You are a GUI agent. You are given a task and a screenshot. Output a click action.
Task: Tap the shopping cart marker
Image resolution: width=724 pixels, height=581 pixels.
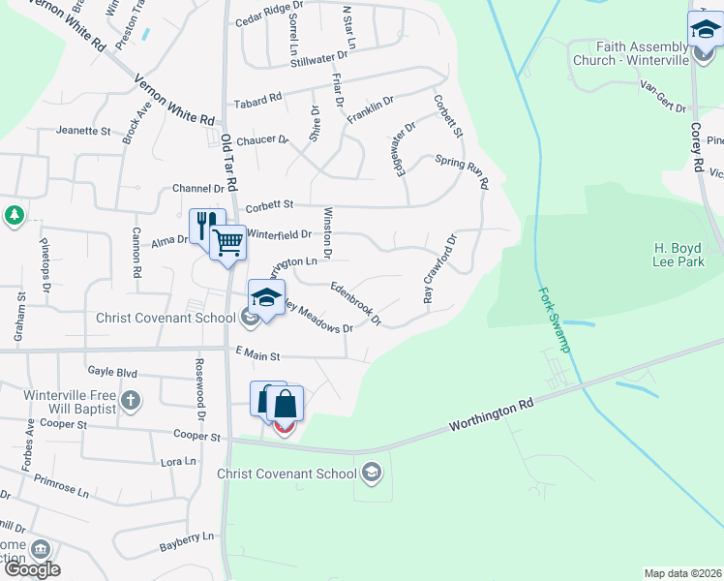pos(228,240)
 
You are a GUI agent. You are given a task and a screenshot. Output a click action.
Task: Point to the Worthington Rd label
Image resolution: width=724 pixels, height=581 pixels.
pos(492,416)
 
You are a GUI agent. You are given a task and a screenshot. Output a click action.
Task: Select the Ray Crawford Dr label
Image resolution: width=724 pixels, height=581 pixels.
pos(438,269)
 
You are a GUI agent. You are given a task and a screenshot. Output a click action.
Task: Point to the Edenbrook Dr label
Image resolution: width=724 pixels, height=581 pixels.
pos(356,302)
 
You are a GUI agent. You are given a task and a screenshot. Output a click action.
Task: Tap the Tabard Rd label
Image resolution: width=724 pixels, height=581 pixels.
pos(256,99)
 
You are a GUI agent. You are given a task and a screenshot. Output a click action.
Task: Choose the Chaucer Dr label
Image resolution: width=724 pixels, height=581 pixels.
pos(262,140)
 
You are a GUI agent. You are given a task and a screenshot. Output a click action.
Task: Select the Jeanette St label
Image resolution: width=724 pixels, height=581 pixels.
pos(84,130)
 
